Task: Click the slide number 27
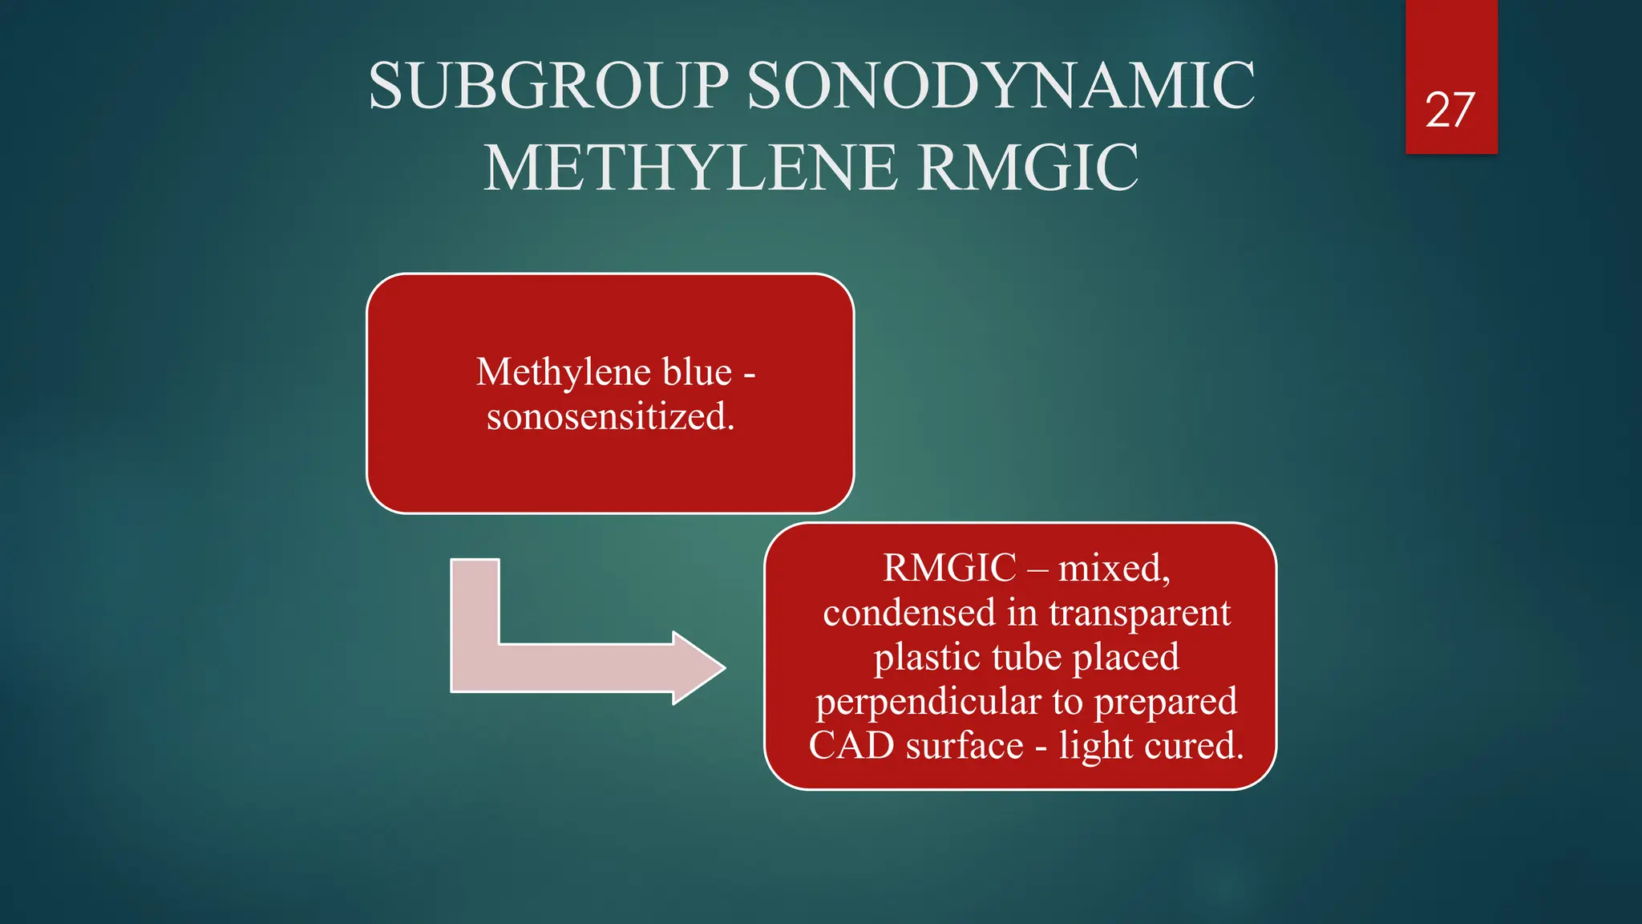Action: [x=1450, y=110]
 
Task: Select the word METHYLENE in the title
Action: [x=690, y=168]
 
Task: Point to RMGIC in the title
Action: [x=1028, y=168]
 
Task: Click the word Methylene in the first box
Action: [x=563, y=372]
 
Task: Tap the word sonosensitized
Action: [x=610, y=416]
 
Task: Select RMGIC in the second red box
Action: [x=949, y=568]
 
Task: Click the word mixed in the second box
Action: [x=1113, y=569]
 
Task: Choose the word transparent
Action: [x=1139, y=614]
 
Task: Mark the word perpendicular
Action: [x=928, y=702]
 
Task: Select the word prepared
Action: [x=1166, y=702]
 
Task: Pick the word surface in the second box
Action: [x=965, y=746]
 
